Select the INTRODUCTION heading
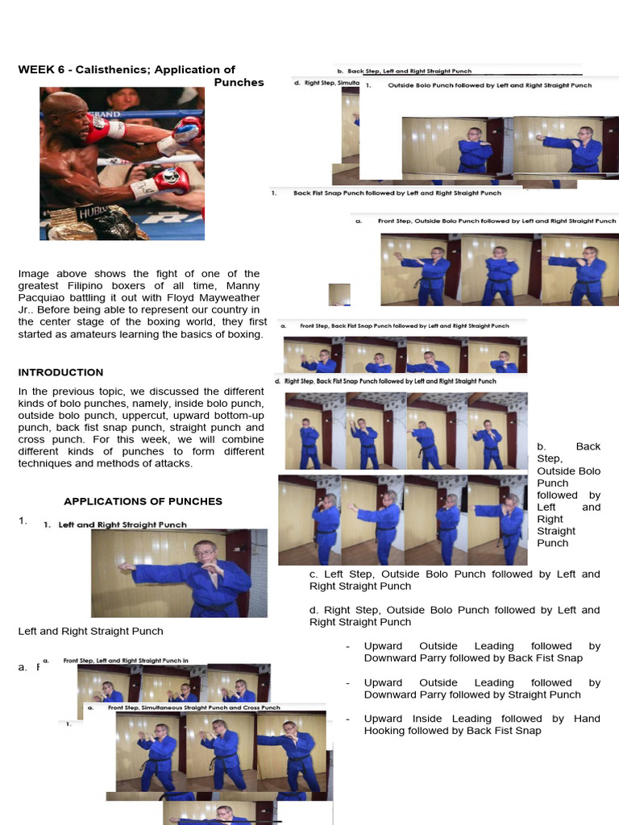[60, 372]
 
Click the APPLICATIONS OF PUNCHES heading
[143, 501]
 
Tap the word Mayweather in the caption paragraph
[218, 298]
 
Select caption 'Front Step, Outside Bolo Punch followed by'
[496, 221]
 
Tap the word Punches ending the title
[239, 82]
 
